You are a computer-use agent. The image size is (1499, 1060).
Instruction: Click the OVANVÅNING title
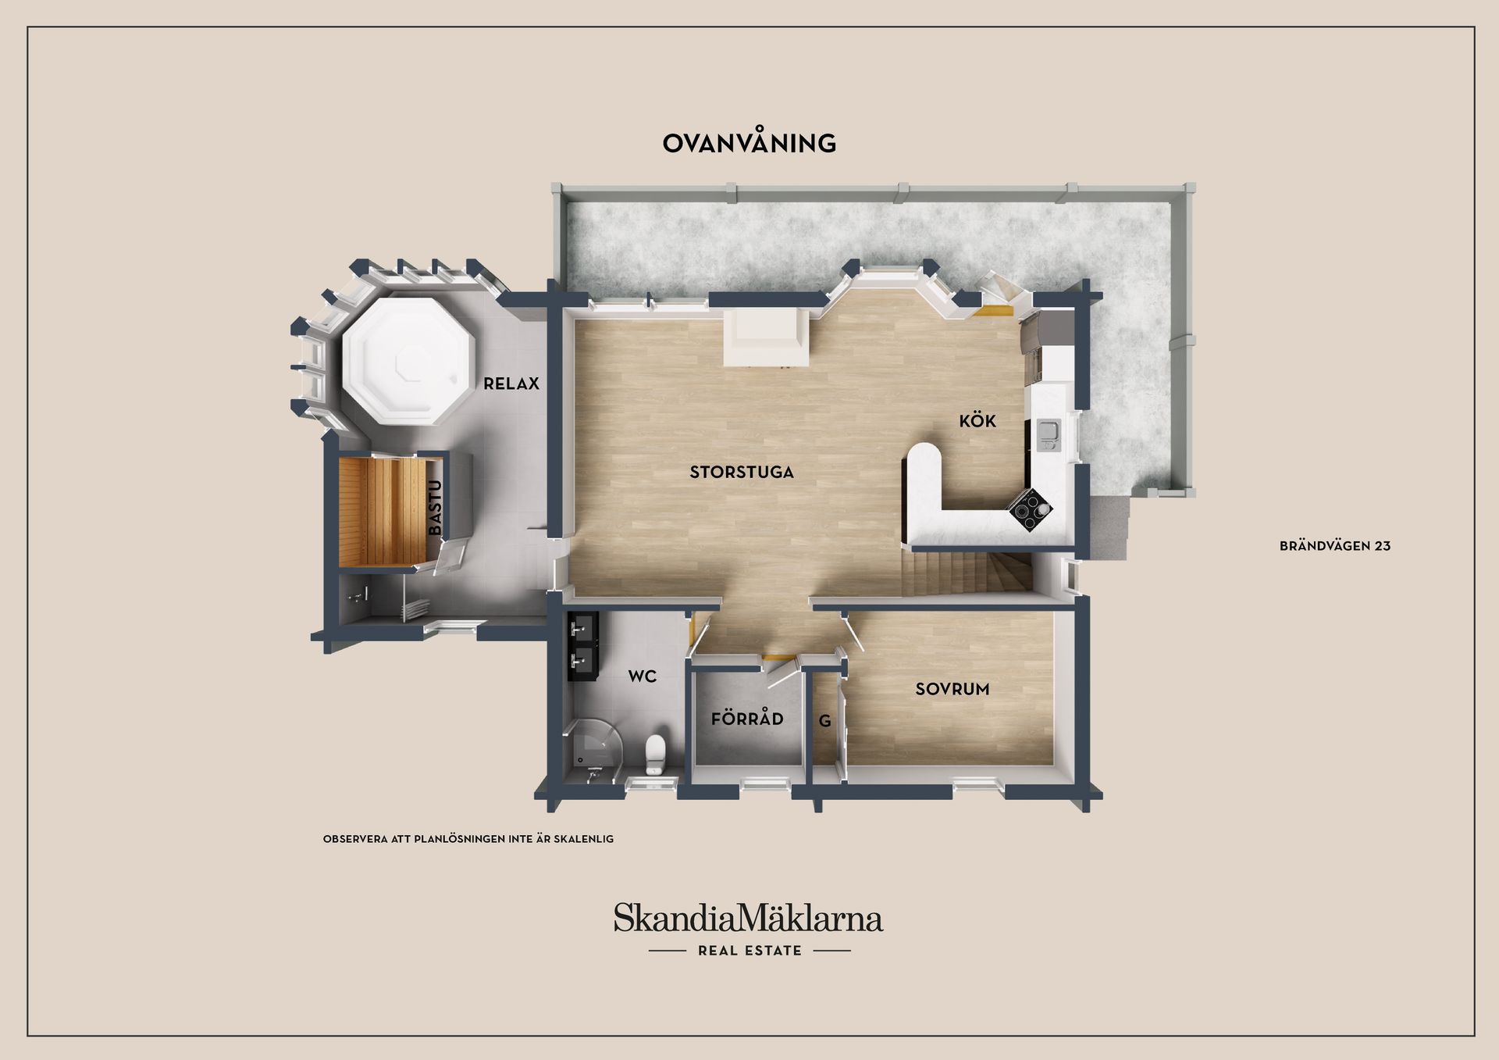tap(749, 142)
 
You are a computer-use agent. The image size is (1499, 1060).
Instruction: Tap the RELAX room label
tap(511, 384)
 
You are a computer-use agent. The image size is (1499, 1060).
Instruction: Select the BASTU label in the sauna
tap(435, 508)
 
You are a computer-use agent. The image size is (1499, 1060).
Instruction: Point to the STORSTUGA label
tap(742, 472)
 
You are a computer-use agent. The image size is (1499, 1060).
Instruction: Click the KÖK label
tap(977, 420)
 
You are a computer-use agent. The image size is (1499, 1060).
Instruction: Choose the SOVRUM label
tap(952, 689)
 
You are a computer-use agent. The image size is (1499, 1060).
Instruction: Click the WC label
tap(643, 676)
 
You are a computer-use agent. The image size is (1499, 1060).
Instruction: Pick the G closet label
tap(825, 722)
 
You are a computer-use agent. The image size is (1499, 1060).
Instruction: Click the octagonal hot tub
tap(410, 360)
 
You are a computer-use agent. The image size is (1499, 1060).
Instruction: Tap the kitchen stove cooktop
tap(1031, 509)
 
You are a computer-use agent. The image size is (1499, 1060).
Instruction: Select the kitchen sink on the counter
tap(1048, 435)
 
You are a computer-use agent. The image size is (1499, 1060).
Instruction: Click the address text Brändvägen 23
tap(1335, 546)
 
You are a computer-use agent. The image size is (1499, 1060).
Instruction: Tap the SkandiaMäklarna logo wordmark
tap(748, 918)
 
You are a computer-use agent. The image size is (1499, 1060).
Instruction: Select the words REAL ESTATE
tap(749, 951)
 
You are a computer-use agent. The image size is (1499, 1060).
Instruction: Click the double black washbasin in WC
tap(582, 646)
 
